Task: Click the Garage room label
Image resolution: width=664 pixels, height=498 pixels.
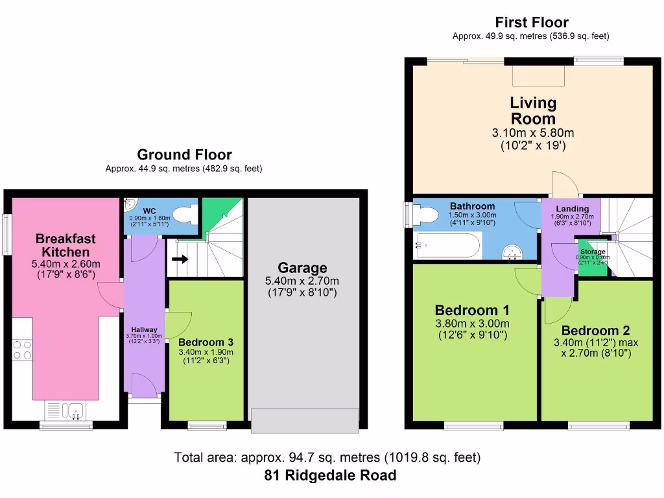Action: [302, 268]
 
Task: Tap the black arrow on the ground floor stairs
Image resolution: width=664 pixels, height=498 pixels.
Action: [181, 260]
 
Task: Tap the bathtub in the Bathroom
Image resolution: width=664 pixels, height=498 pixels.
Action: [447, 246]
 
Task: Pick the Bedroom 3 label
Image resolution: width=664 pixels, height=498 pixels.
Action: [206, 342]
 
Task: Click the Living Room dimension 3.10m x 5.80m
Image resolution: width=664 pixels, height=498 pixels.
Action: [533, 133]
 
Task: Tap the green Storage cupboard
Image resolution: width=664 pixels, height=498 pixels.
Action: [589, 261]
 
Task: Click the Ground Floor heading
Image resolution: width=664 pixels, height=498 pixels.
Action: [184, 155]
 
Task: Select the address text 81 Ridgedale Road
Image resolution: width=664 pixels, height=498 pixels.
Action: [331, 475]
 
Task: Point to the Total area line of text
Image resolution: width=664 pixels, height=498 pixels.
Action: [327, 458]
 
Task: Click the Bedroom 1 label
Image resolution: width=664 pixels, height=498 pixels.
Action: [472, 310]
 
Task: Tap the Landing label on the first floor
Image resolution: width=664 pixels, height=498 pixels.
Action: [573, 209]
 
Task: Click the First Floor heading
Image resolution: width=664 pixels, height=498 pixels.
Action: [531, 23]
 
